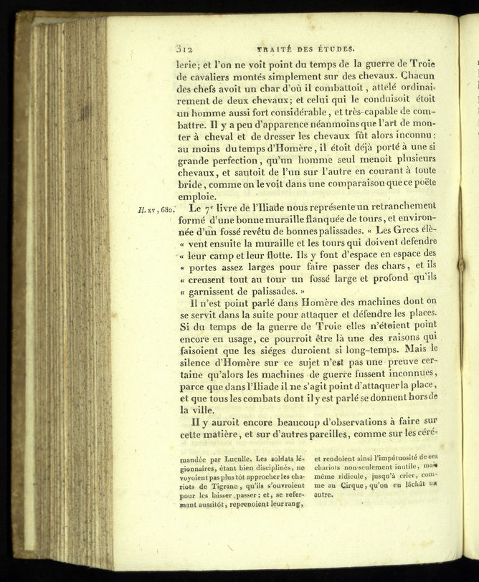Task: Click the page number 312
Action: tap(185, 49)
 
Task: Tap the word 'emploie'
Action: tap(196, 196)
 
